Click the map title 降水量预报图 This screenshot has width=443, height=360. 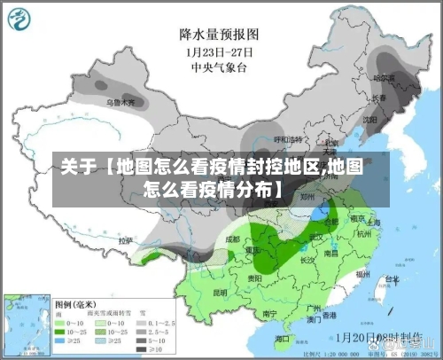(x=218, y=35)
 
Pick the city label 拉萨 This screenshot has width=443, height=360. (x=126, y=240)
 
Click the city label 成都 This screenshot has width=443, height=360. (x=232, y=239)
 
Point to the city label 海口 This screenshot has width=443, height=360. (x=282, y=339)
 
